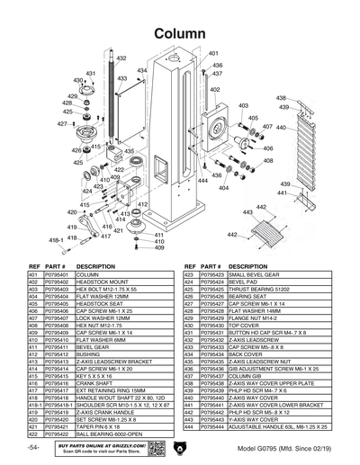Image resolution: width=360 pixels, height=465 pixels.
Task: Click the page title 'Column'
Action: click(179, 32)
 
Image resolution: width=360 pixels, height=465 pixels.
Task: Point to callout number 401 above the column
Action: click(213, 55)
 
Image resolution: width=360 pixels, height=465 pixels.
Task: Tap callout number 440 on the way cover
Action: click(281, 129)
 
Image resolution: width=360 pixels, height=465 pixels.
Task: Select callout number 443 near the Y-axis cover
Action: click(262, 207)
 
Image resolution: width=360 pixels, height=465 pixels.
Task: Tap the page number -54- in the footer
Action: click(33, 447)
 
